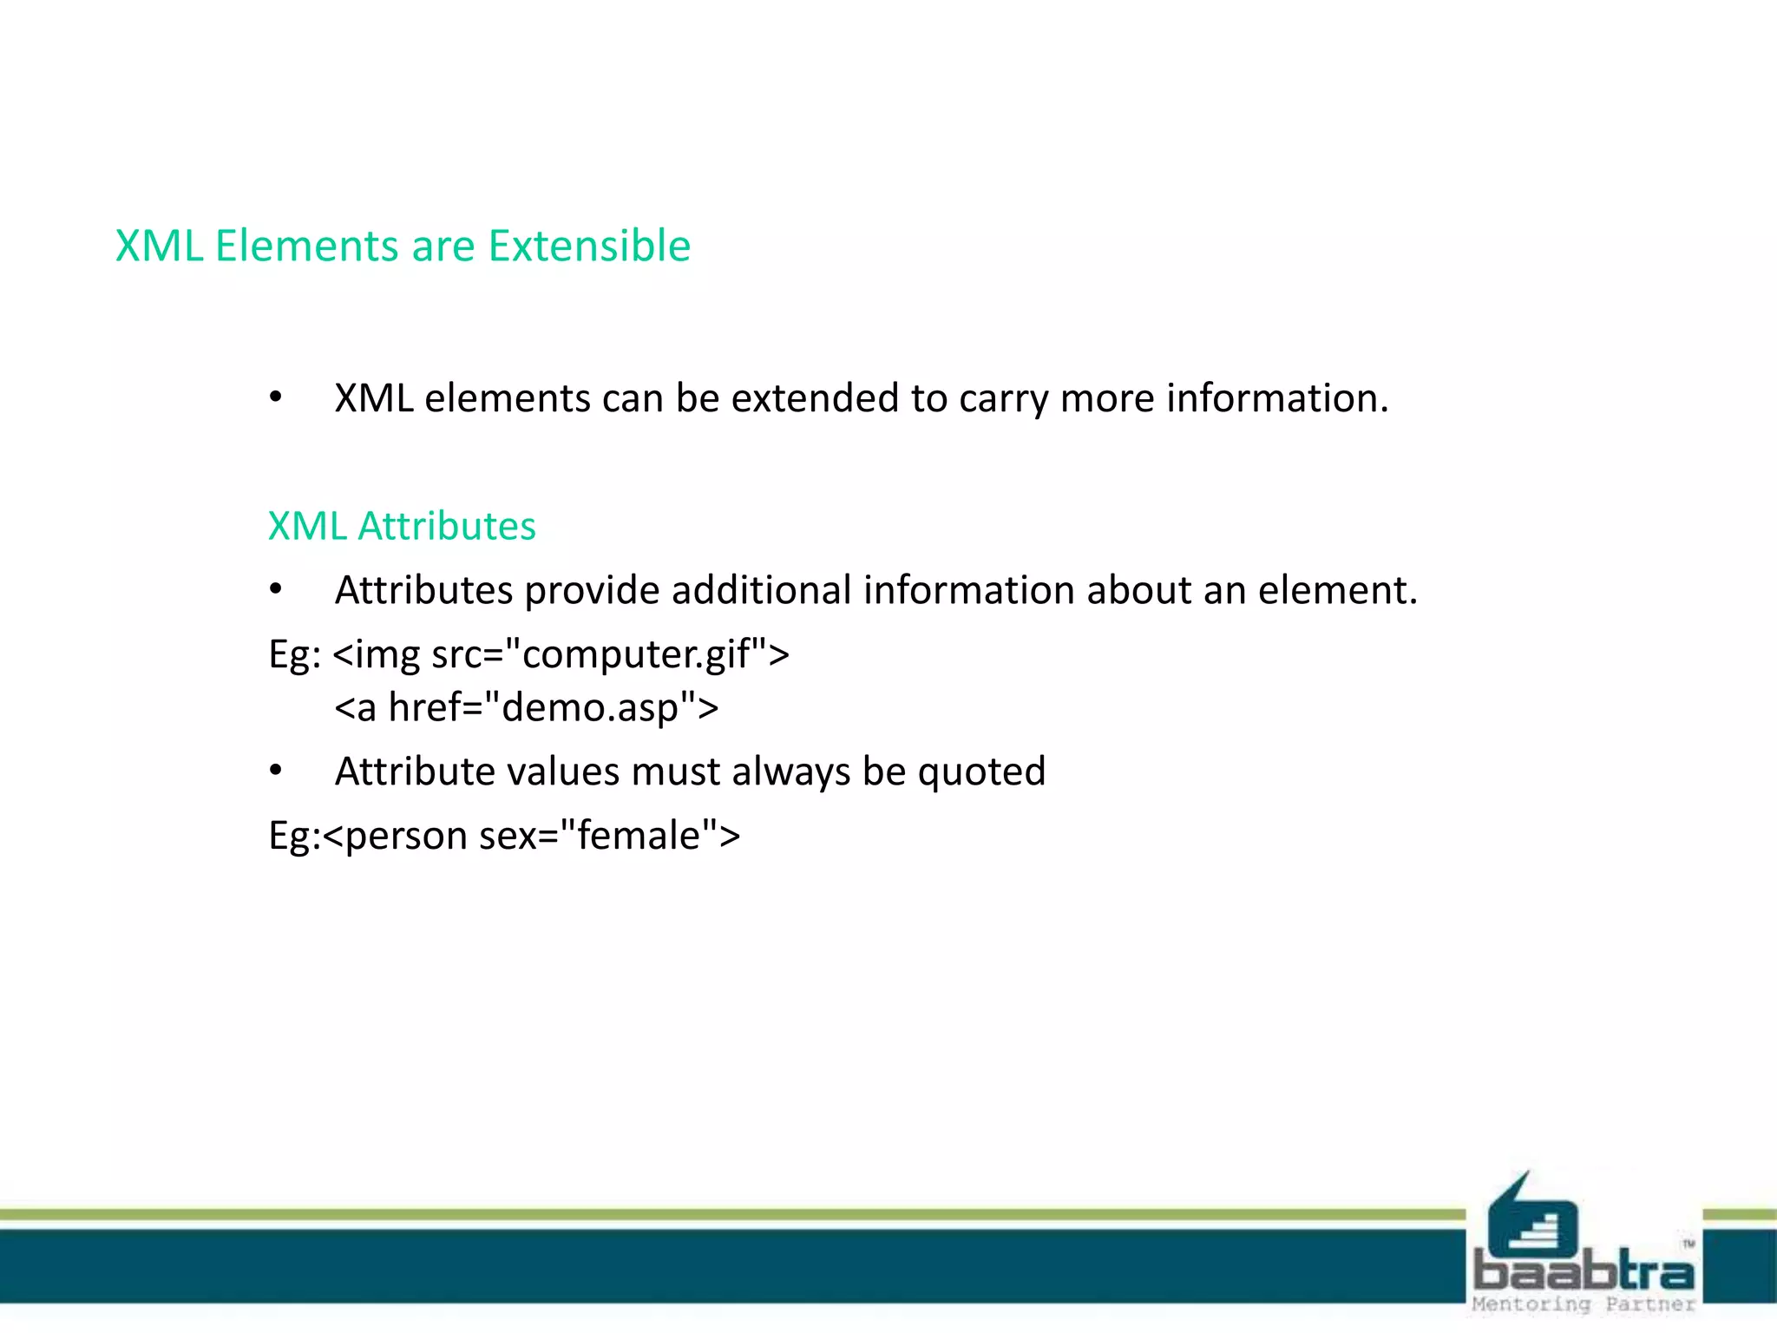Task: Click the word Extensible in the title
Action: coord(589,246)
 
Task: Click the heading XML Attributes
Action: coord(402,526)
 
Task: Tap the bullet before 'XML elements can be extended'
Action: coord(276,398)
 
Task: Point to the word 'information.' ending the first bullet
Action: coord(1277,398)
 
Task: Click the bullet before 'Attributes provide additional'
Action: coord(276,590)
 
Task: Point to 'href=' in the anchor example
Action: coord(435,708)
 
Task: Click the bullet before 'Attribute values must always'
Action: coord(276,771)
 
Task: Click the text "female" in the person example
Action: coord(639,836)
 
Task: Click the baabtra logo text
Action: coord(1584,1271)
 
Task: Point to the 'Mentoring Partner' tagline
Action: coord(1584,1304)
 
